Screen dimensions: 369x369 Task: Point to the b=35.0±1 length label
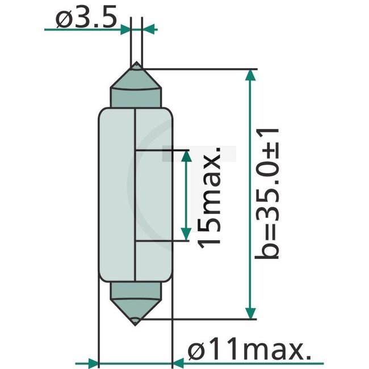pyautogui.click(x=268, y=194)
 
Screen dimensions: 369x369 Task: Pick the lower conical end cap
pyautogui.click(x=136, y=301)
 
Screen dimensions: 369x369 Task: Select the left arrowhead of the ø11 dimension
pyautogui.click(x=92, y=363)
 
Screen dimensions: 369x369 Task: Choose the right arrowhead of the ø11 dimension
pyautogui.click(x=179, y=363)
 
